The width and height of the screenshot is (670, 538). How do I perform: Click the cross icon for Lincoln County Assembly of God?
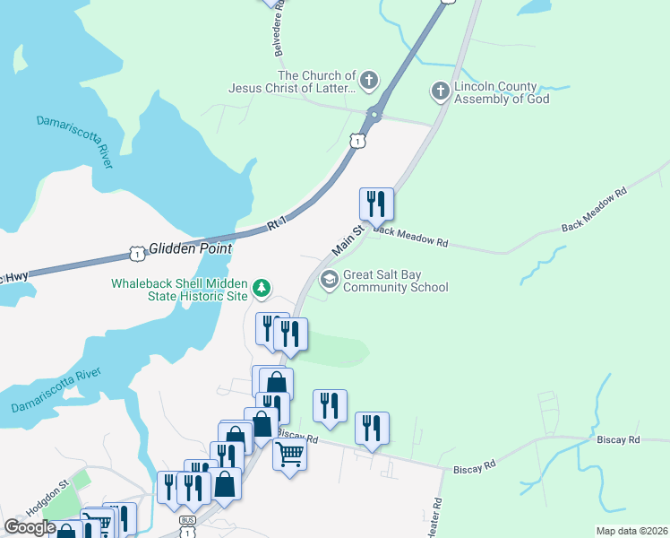click(440, 91)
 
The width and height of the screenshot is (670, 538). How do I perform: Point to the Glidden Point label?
click(190, 248)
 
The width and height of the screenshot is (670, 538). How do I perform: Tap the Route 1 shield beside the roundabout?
click(357, 141)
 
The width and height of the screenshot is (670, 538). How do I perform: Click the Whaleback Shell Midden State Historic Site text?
click(179, 289)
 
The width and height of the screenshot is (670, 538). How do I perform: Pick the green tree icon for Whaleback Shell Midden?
click(262, 288)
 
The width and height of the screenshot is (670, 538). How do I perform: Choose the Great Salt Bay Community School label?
click(395, 282)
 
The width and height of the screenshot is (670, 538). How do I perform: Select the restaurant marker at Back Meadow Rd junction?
click(376, 204)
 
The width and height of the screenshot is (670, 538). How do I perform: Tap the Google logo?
click(30, 527)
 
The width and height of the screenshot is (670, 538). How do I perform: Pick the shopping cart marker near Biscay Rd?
click(289, 455)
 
